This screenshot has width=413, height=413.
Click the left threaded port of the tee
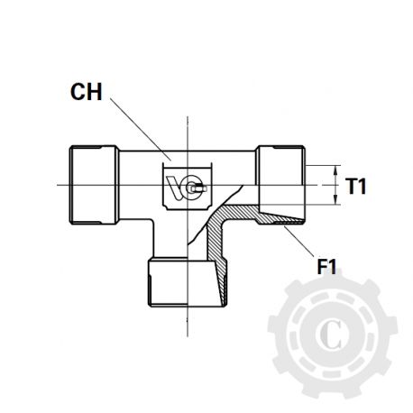89,185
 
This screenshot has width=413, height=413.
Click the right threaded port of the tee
282,185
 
